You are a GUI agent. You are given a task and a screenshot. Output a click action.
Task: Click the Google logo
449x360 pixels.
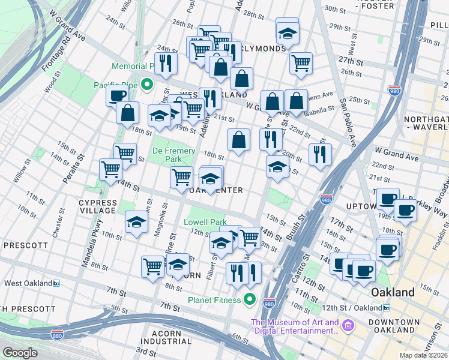click(20, 353)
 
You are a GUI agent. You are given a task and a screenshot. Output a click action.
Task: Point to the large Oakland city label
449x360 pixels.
click(393, 292)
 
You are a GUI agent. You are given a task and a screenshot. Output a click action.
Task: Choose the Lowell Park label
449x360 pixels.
click(205, 222)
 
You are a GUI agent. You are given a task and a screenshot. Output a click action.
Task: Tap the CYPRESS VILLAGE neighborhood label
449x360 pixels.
click(98, 206)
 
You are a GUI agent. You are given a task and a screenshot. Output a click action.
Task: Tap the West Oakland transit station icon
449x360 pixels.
click(56, 283)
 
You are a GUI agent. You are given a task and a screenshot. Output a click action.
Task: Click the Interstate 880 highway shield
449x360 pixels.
click(58, 334)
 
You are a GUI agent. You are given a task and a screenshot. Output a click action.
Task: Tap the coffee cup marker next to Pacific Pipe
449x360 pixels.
click(118, 95)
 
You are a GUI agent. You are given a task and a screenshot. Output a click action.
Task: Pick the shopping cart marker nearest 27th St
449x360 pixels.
click(301, 62)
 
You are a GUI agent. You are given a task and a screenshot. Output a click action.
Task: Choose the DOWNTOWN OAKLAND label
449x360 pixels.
click(394, 326)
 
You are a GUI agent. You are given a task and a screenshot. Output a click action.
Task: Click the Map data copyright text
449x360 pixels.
click(423, 355)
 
